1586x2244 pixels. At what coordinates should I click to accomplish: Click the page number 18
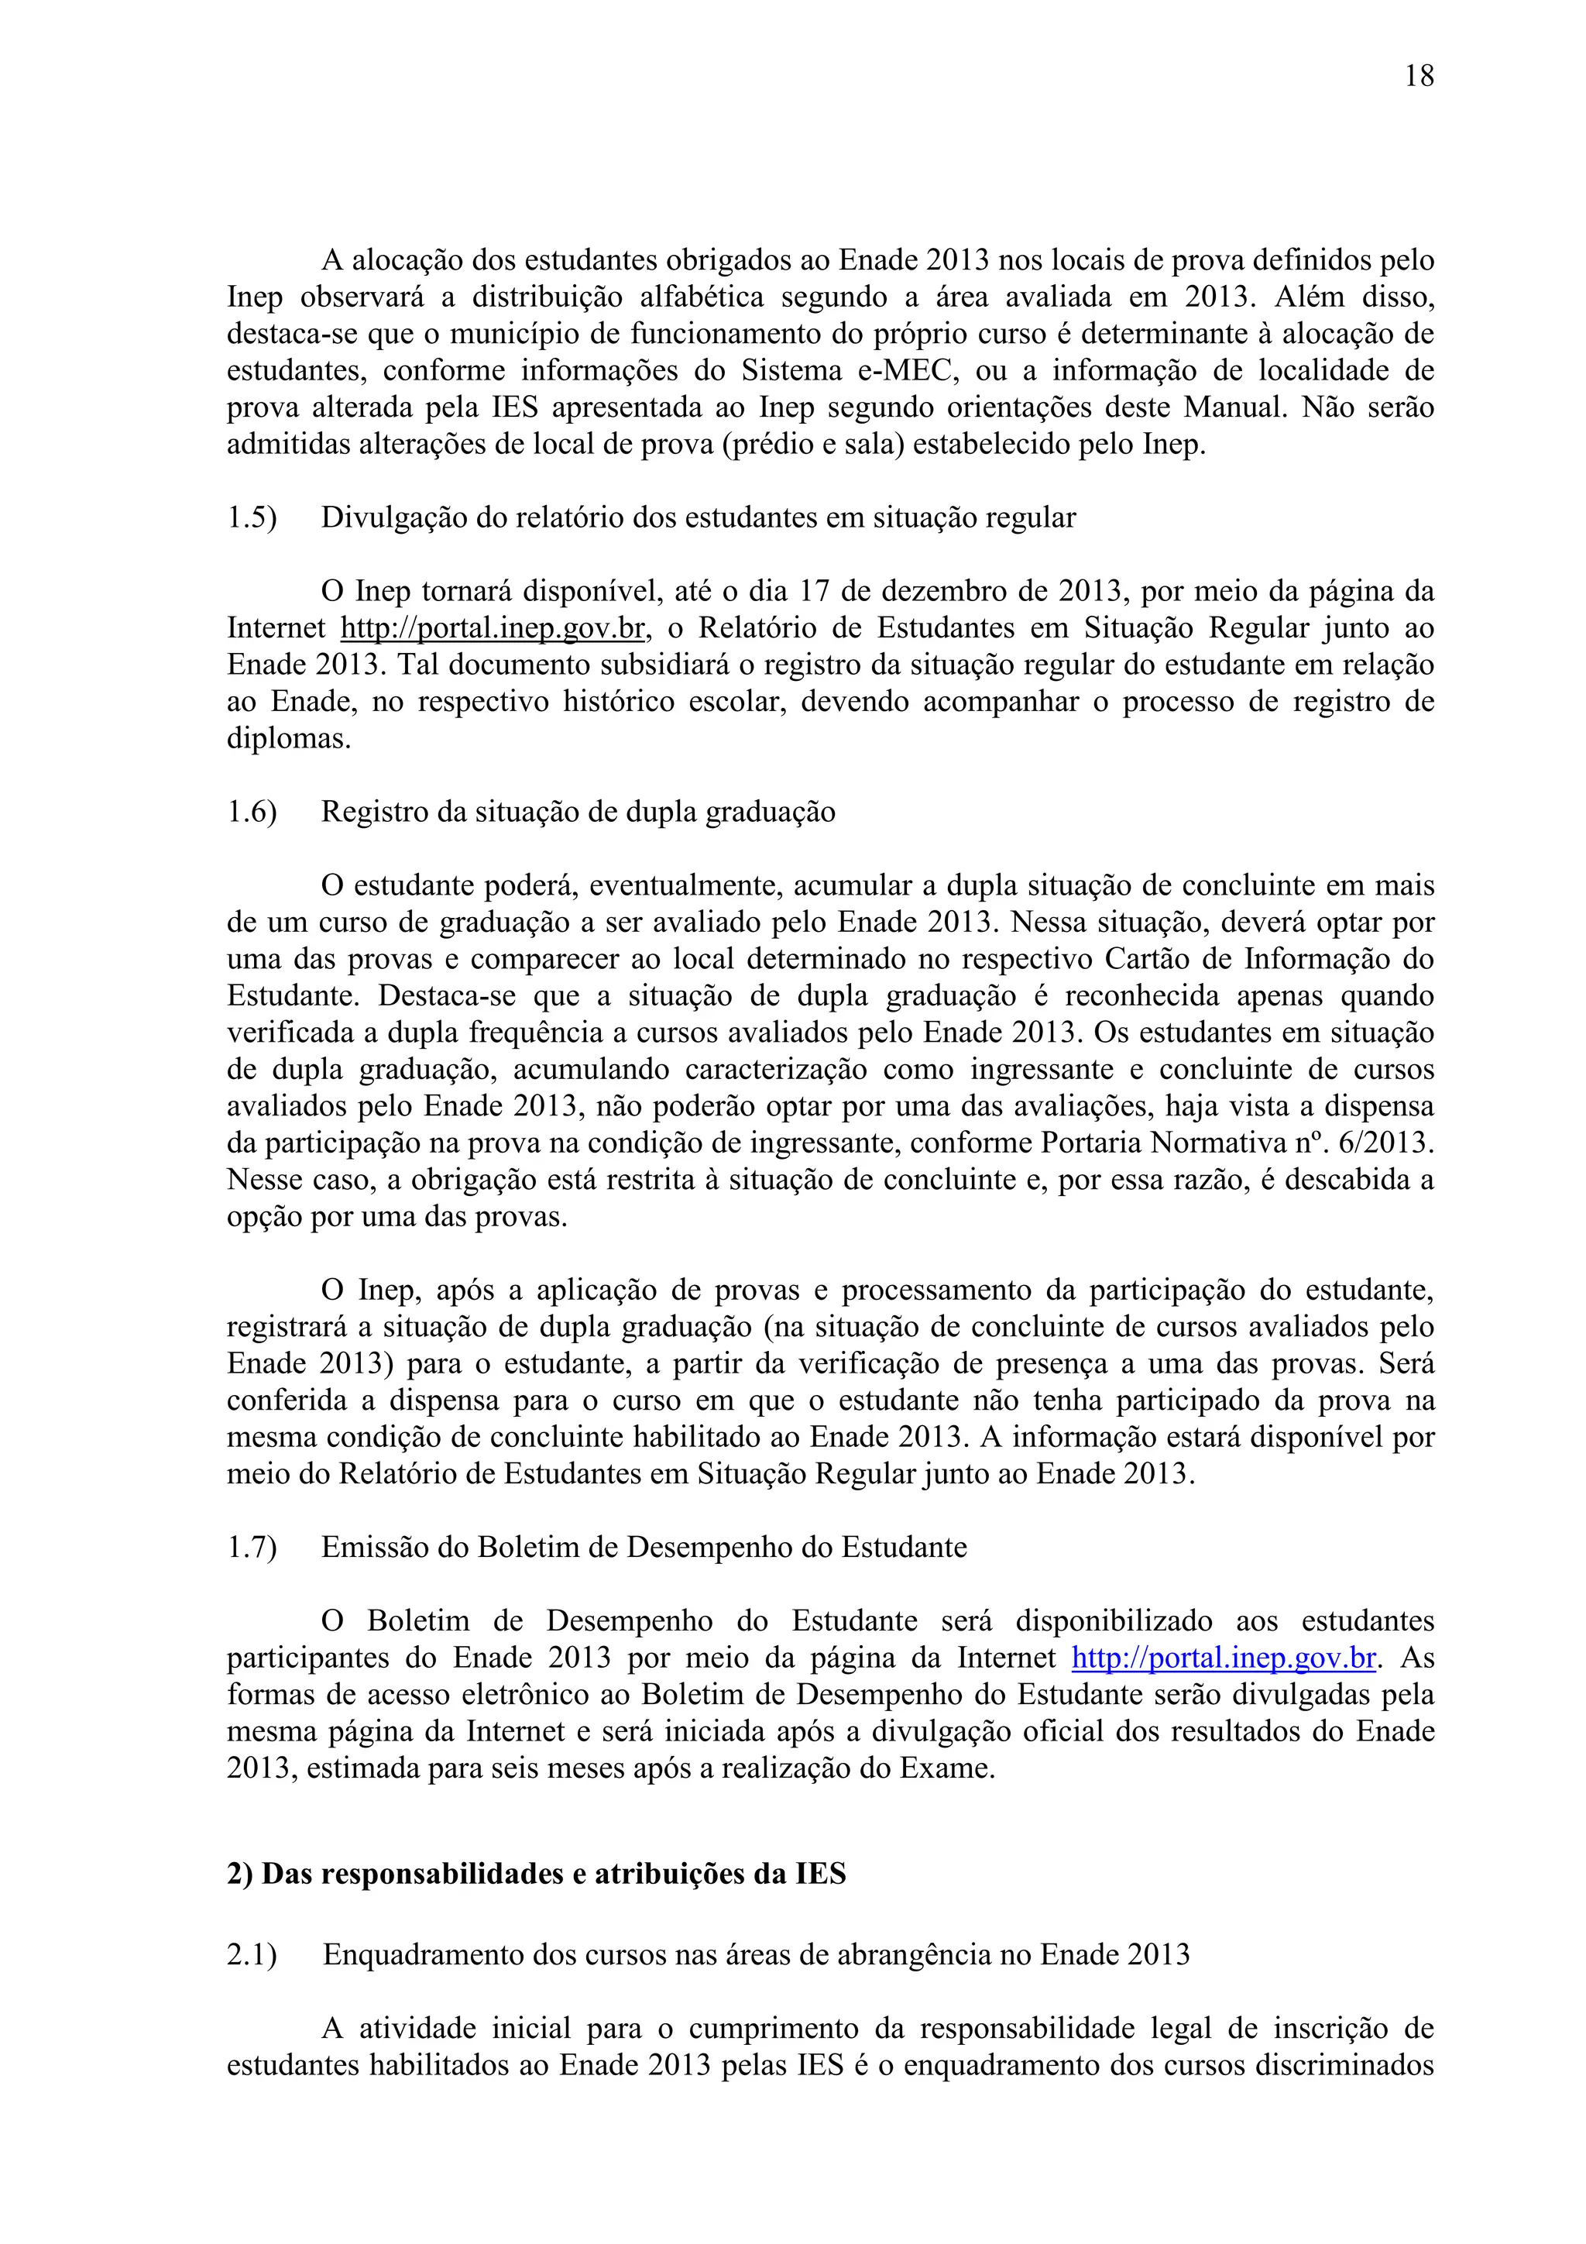click(x=1419, y=76)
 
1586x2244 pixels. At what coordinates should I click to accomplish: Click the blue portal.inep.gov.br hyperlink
click(x=1224, y=1658)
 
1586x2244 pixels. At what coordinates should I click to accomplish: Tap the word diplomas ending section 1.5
click(x=288, y=739)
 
